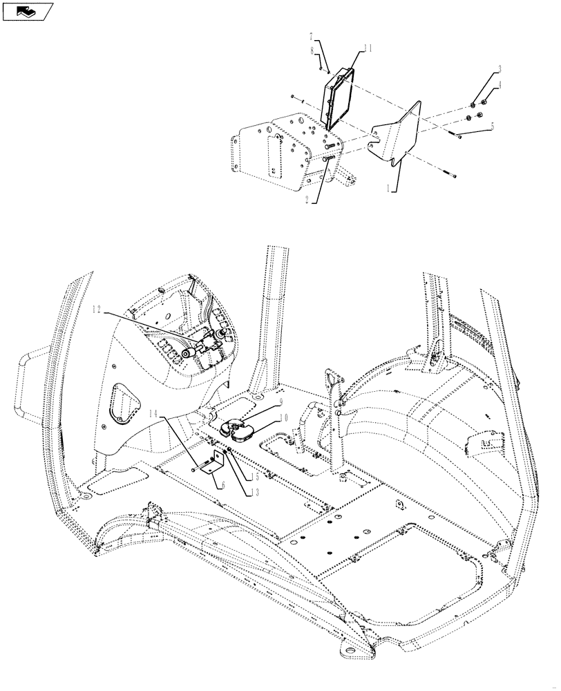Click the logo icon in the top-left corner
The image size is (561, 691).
click(x=27, y=11)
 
